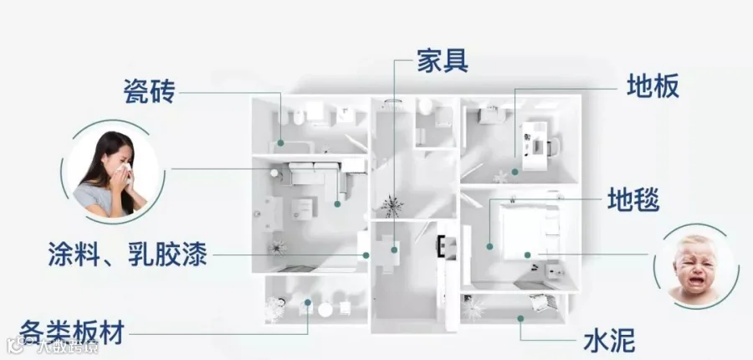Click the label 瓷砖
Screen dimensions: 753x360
[150, 91]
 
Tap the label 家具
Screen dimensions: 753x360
[443, 60]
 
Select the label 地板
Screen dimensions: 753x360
[653, 86]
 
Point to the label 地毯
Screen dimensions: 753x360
[633, 199]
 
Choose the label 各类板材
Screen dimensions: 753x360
[72, 332]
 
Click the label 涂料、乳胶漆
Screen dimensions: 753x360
[128, 255]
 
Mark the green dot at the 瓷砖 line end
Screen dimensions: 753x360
[280, 143]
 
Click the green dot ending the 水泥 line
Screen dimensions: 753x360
[520, 318]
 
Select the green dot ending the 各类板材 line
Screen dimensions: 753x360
[307, 302]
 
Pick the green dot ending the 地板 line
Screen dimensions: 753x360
[515, 172]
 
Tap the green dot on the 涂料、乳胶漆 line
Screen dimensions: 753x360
[366, 255]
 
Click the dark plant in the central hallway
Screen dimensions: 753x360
[392, 206]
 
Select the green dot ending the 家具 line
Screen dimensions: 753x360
[394, 250]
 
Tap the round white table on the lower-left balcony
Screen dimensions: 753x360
[325, 310]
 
